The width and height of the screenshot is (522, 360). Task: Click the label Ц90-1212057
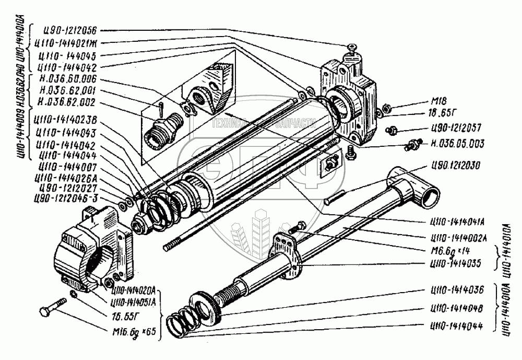(455, 127)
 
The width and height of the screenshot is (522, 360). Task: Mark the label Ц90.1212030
(456, 168)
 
